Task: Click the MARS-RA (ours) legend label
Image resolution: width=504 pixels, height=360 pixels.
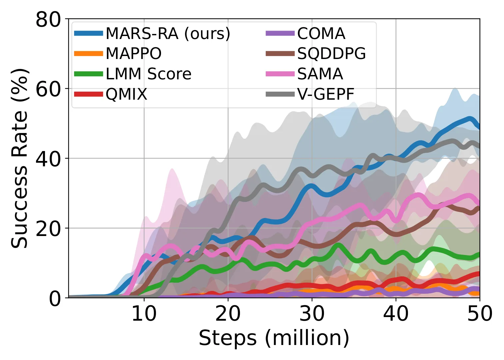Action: coord(168,34)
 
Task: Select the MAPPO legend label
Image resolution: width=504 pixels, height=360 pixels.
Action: coord(134,54)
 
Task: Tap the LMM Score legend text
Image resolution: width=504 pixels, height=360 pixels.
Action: coord(149,74)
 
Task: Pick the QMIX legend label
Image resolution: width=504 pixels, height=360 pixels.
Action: coord(126,94)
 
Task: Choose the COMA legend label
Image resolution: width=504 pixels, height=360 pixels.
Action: coord(321,34)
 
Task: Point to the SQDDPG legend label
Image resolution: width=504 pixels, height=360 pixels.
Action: coord(332,54)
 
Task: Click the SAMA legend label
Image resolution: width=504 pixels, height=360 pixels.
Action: coord(320,74)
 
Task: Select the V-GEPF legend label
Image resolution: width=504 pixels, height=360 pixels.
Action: coord(326,94)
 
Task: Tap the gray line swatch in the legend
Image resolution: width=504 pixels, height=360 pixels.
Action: coord(280,94)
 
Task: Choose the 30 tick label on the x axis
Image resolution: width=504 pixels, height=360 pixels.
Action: coord(312,314)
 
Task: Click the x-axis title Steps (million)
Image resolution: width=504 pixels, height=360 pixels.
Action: coord(274,338)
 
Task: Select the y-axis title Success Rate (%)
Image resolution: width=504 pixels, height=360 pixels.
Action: coord(20,158)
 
